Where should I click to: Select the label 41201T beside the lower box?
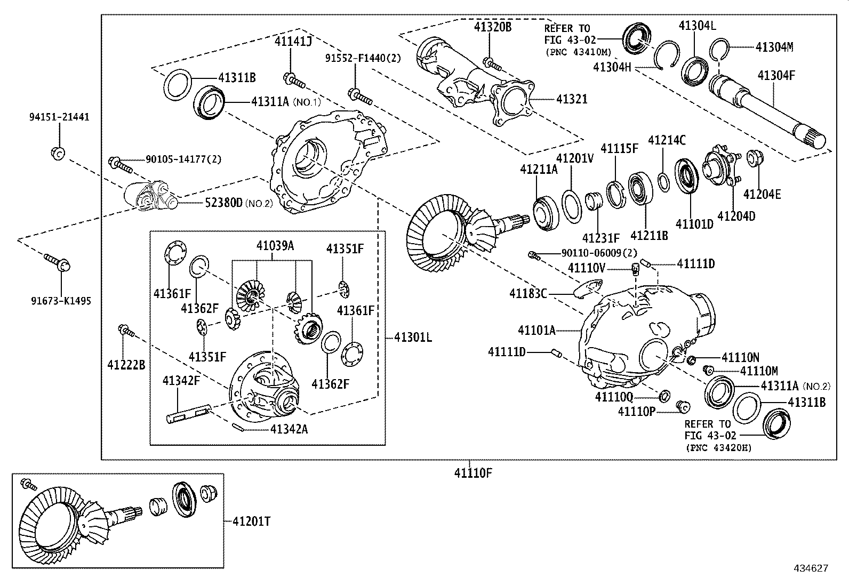251,521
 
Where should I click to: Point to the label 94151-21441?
59,117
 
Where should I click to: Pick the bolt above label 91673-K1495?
57,262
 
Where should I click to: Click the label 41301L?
413,337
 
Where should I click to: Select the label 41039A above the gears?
275,246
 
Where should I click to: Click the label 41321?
572,99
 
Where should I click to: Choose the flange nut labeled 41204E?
754,158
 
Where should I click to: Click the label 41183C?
528,293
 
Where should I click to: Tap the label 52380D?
223,203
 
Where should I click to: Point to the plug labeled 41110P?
681,407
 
